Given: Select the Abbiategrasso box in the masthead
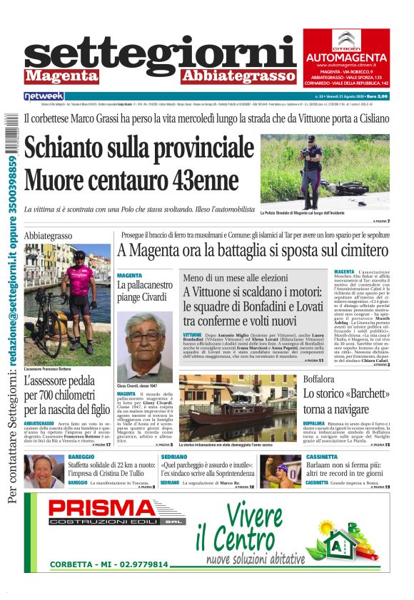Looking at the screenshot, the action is tap(238, 76).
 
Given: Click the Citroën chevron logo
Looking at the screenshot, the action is tap(345, 40).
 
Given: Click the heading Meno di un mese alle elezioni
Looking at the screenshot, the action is tap(233, 279).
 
